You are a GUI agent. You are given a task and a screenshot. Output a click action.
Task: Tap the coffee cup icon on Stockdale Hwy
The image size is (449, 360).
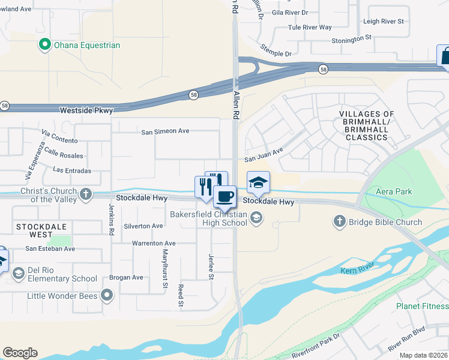(x=225, y=196)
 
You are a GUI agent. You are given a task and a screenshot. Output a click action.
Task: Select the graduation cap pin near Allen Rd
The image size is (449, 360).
(x=258, y=182)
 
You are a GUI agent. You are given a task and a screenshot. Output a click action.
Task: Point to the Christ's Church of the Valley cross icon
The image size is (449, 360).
(x=86, y=194)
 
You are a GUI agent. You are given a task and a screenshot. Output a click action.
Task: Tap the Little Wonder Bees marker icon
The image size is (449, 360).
(x=107, y=295)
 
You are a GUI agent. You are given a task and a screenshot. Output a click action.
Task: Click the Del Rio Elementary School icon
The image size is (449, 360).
(x=18, y=274)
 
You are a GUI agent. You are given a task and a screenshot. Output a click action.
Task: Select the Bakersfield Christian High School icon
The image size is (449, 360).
(x=256, y=218)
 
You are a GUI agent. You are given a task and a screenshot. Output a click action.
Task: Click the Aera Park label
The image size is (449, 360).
(x=395, y=191)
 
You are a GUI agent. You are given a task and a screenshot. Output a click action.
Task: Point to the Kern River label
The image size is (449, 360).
(x=358, y=265)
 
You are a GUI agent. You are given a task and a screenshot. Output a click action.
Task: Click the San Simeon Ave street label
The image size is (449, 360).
(x=165, y=131)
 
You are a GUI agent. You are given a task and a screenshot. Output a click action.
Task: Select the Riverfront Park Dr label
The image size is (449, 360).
(x=316, y=345)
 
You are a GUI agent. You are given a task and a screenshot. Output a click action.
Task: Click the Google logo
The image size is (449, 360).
(x=20, y=353)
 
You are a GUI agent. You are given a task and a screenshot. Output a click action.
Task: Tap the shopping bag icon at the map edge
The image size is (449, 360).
(x=444, y=55)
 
